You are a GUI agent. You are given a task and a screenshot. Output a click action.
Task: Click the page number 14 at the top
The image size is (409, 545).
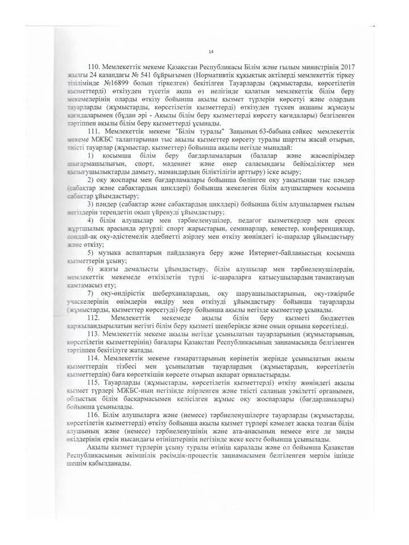coord(210,51)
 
